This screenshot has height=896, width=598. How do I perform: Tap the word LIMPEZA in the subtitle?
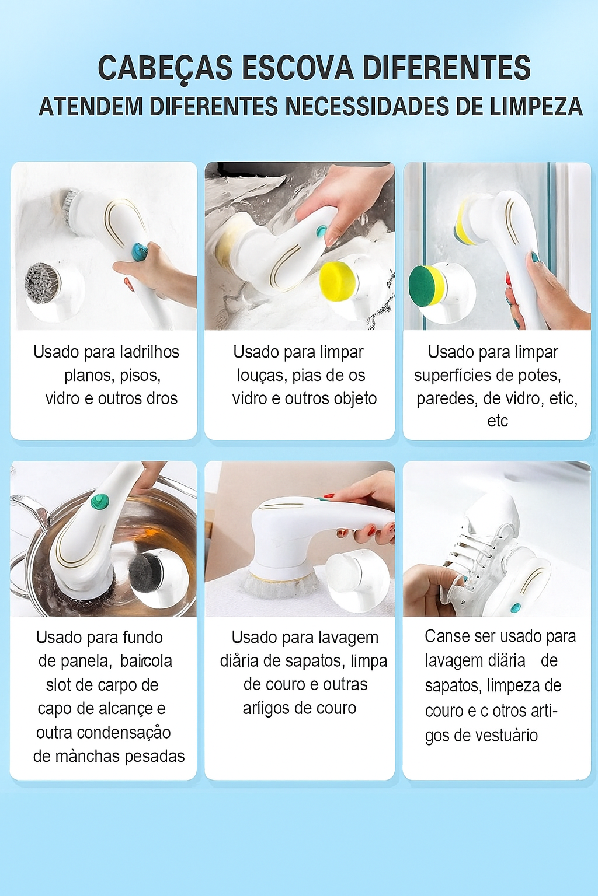(x=536, y=106)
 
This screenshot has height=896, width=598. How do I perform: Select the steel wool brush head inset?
(x=41, y=283)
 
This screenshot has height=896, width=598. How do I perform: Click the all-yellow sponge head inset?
(x=338, y=281)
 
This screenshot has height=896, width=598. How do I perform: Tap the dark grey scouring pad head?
(x=145, y=575)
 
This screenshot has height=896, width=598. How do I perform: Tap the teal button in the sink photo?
(x=321, y=231)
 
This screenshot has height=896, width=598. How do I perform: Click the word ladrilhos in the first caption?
(x=150, y=352)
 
